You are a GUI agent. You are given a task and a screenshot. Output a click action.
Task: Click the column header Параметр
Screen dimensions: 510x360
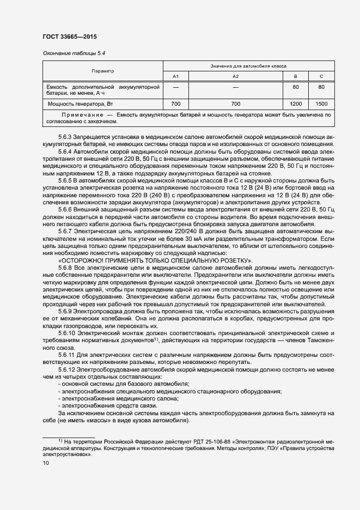pos(103,71)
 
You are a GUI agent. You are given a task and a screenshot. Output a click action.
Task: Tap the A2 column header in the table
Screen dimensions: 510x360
pos(235,76)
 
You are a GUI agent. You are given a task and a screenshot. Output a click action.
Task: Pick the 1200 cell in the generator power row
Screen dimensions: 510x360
pos(296,104)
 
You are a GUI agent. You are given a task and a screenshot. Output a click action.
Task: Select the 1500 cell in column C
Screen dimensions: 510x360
pos(321,104)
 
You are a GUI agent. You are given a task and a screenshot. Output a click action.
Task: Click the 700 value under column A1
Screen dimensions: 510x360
pos(175,104)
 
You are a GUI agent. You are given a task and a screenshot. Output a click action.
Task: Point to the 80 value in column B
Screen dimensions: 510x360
pos(296,87)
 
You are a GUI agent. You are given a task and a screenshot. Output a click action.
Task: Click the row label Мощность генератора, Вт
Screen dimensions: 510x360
pos(80,104)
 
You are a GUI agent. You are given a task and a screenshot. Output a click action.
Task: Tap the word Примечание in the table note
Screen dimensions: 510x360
pos(81,115)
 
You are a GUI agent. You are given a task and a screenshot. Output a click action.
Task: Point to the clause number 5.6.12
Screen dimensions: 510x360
pos(67,369)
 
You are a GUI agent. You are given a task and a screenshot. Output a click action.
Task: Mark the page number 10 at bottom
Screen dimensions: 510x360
pos(46,463)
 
